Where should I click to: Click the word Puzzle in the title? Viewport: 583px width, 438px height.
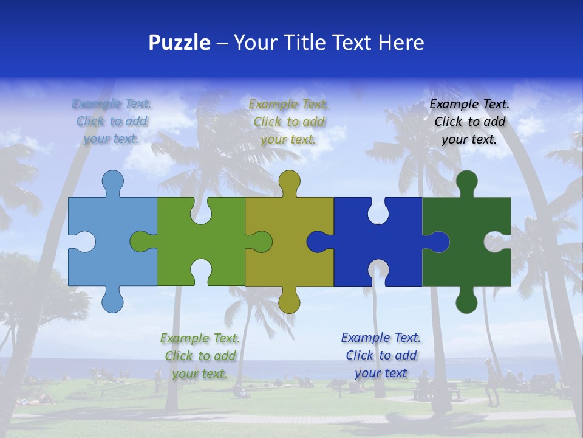(x=180, y=43)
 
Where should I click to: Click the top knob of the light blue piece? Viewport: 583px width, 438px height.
(x=112, y=181)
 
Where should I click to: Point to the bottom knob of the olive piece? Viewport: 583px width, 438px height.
(x=290, y=301)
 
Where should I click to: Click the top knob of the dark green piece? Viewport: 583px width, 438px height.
(x=466, y=181)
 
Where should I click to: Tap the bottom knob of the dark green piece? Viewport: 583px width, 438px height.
(x=466, y=301)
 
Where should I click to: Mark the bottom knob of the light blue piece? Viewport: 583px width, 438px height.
(x=112, y=301)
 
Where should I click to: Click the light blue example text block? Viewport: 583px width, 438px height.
(x=112, y=121)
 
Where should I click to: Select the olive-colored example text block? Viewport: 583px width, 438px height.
(x=289, y=121)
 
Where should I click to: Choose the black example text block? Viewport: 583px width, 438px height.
(x=469, y=121)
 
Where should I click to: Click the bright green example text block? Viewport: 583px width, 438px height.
(x=200, y=356)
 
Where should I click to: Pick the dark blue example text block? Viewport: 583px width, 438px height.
(x=381, y=355)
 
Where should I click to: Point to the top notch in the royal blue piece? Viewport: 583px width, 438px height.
(x=378, y=210)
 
